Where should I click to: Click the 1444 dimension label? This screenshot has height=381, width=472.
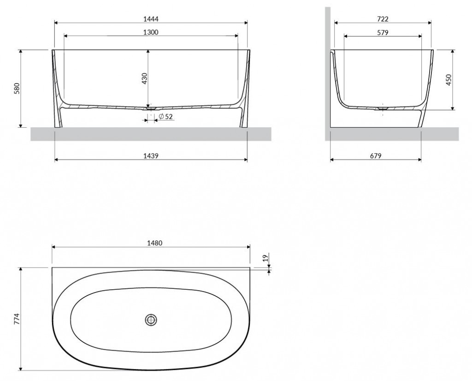(151, 18)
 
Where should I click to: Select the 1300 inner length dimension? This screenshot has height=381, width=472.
(151, 32)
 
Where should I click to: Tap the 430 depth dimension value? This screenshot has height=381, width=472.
(144, 78)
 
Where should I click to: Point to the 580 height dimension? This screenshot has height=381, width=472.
(17, 88)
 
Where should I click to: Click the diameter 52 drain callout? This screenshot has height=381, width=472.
(165, 116)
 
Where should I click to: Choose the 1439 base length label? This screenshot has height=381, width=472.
(151, 155)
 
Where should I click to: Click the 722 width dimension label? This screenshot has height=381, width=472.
(383, 18)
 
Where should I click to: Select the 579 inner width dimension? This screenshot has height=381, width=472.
(383, 32)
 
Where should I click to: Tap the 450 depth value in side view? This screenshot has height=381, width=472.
(448, 80)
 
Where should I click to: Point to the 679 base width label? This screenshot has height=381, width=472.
(375, 155)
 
